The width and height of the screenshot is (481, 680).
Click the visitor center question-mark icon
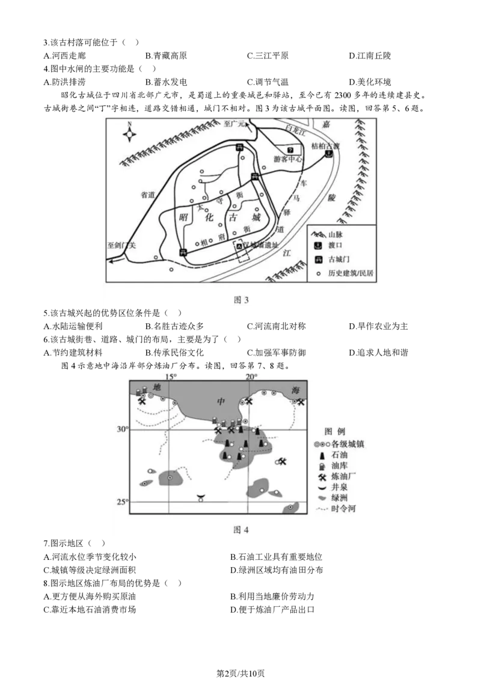tap(290, 150)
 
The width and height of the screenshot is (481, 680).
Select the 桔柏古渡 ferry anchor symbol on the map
tap(328, 154)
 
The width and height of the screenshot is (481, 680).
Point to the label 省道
tap(149, 195)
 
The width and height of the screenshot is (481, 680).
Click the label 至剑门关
tap(122, 245)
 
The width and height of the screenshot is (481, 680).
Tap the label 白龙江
tap(296, 129)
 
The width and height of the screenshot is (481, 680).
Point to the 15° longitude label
tap(171, 377)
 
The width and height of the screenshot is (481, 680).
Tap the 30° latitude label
tap(123, 430)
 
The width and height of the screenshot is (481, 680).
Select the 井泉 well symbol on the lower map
tap(201, 498)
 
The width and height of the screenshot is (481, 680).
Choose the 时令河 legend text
tap(343, 509)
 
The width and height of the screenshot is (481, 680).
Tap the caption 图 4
tap(240, 529)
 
